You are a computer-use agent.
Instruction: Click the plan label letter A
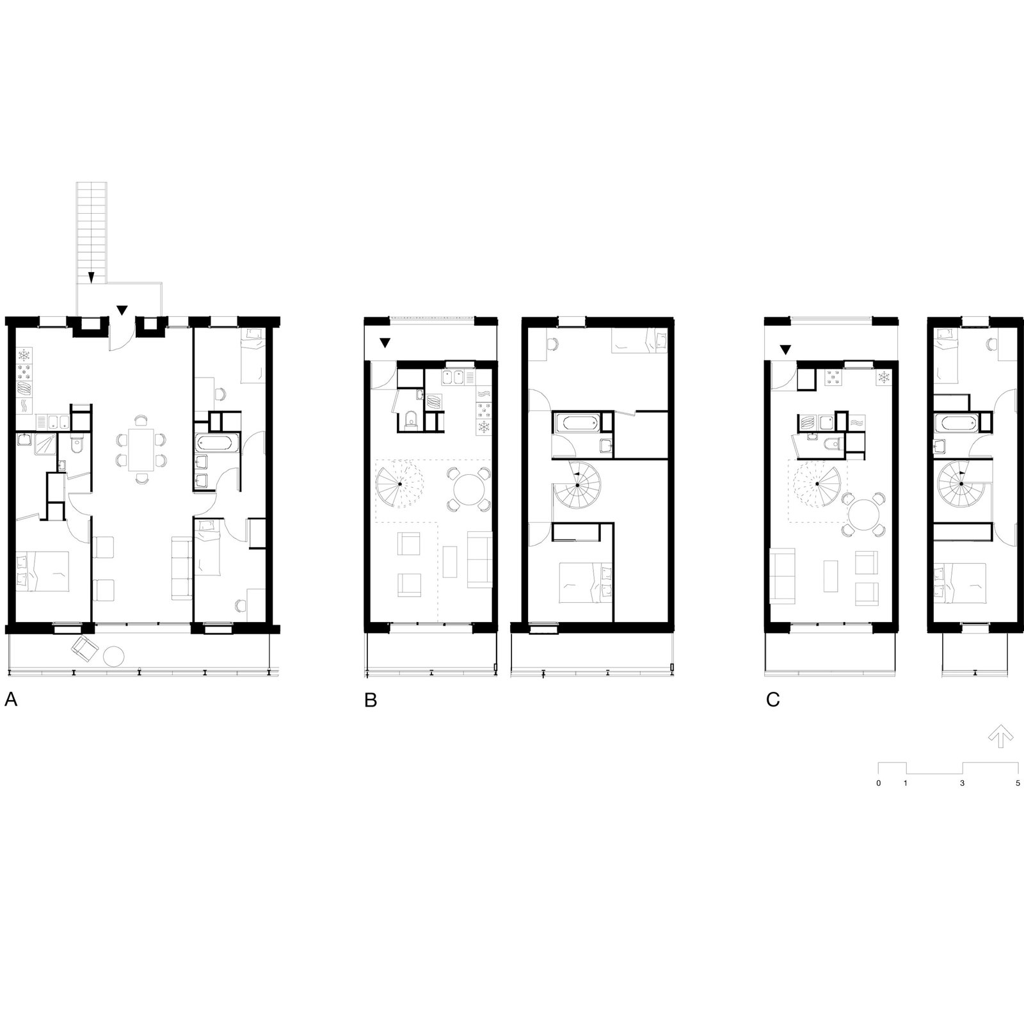11,700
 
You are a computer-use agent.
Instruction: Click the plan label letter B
371,700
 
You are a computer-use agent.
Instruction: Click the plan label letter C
773,700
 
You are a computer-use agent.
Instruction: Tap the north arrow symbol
1000,737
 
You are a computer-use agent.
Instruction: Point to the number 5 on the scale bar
1018,783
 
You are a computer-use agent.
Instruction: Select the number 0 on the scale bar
879,783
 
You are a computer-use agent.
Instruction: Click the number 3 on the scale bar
962,783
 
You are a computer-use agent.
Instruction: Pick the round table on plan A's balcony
116,657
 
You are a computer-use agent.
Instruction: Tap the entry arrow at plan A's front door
122,310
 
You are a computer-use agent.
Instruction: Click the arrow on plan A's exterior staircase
92,276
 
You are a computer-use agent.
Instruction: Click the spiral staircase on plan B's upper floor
577,485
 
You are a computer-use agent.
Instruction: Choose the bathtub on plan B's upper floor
576,422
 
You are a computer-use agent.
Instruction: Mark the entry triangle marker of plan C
785,349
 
